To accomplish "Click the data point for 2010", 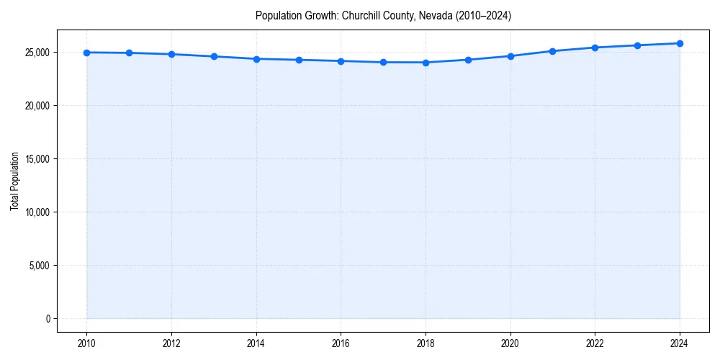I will click(86, 53).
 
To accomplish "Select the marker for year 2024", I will click(680, 43).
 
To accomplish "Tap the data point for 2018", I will click(426, 63).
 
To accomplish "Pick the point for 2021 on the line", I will click(552, 51).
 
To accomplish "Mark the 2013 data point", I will click(214, 56).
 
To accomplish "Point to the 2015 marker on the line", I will click(299, 60).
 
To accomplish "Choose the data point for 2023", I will click(637, 45).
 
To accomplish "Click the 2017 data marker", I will click(383, 62).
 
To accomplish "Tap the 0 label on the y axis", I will click(48, 319).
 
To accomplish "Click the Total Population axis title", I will click(14, 181).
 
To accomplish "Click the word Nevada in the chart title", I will click(429, 16).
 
